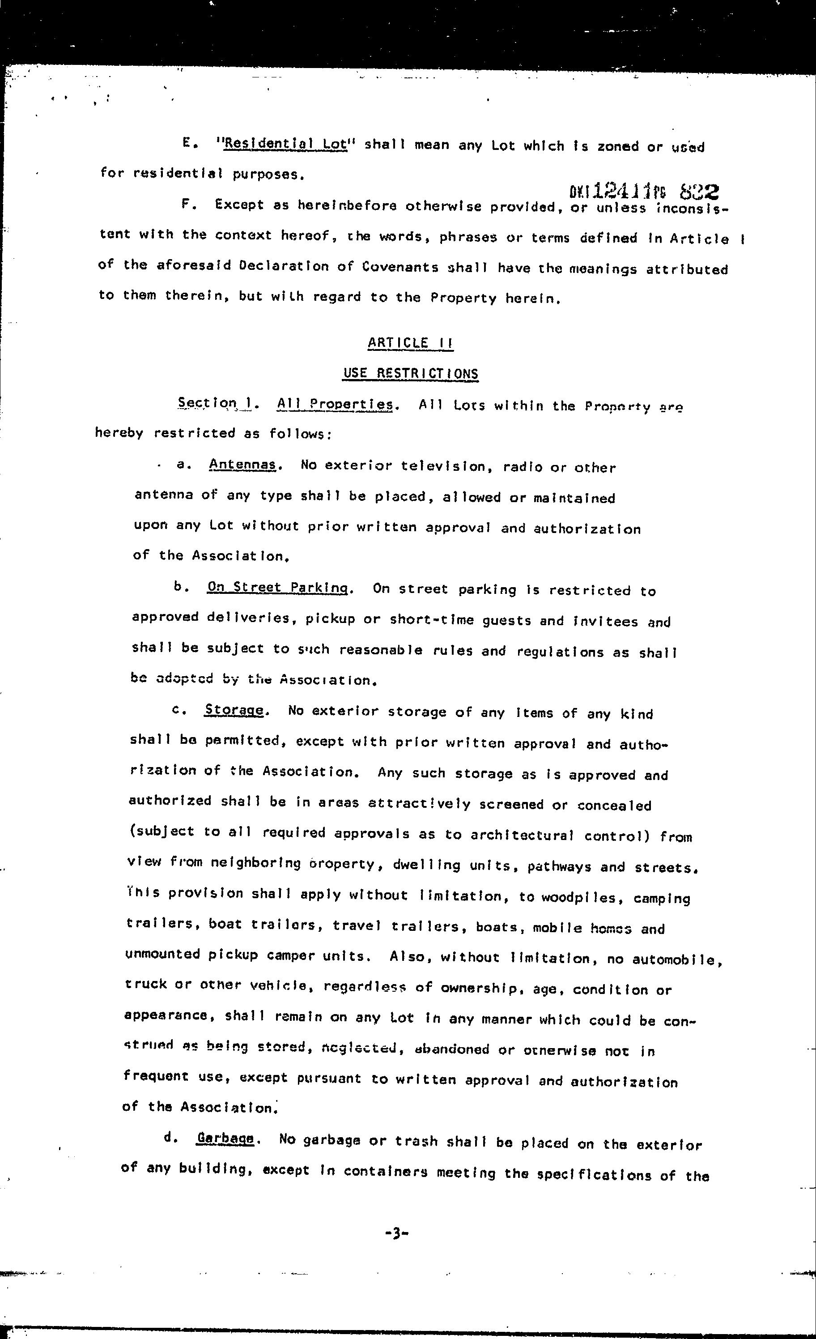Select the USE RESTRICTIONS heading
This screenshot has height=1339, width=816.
point(411,373)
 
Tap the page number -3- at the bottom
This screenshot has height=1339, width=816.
point(396,1233)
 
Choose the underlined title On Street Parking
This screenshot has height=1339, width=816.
point(277,588)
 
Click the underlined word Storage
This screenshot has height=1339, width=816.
point(234,710)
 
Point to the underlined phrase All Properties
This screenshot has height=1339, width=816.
point(335,404)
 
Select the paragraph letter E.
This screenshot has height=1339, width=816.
point(187,144)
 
